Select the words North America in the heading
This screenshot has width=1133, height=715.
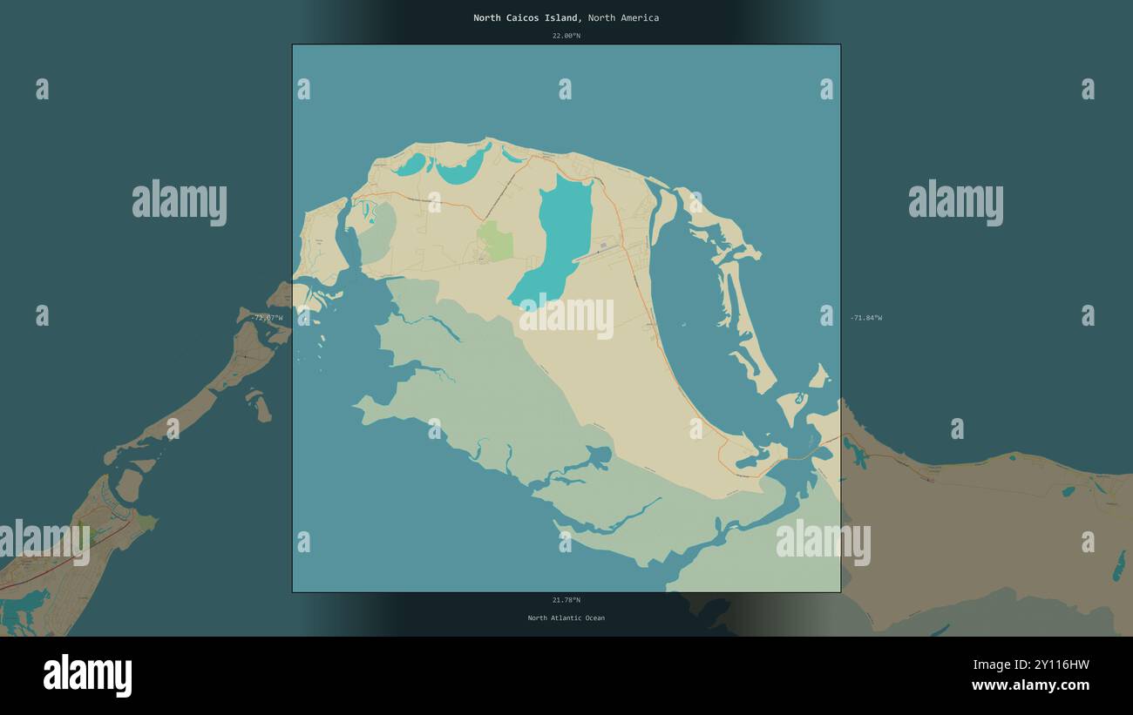click(x=623, y=17)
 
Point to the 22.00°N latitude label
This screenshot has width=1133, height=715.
click(x=566, y=36)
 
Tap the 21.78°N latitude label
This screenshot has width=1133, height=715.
click(x=566, y=600)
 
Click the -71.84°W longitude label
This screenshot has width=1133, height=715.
click(x=865, y=318)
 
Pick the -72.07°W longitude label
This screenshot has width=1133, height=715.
click(x=267, y=318)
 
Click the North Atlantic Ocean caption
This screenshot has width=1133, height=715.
click(x=566, y=618)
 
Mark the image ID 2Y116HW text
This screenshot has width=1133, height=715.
click(x=1055, y=665)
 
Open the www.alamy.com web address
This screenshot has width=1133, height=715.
click(x=1030, y=685)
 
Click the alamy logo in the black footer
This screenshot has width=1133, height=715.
click(x=87, y=676)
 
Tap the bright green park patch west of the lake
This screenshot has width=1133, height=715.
click(x=495, y=240)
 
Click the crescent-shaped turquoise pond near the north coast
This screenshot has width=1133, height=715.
click(x=462, y=170)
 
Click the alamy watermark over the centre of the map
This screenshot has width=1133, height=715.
click(x=566, y=317)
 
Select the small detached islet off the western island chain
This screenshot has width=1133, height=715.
click(x=260, y=406)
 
